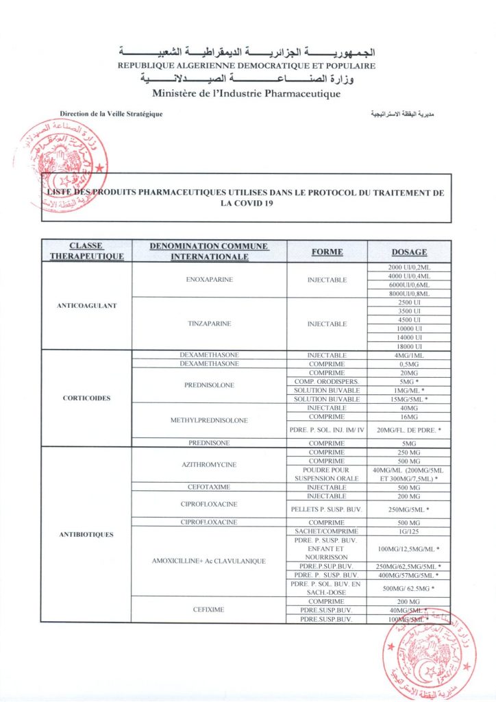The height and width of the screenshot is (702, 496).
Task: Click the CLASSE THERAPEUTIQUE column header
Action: pyautogui.click(x=86, y=252)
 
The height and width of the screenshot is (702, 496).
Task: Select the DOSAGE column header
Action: pyautogui.click(x=409, y=252)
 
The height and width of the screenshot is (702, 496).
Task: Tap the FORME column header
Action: pyautogui.click(x=327, y=252)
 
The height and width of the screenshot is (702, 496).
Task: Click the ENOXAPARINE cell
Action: pyautogui.click(x=209, y=280)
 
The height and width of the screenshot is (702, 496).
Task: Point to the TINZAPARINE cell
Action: pyautogui.click(x=209, y=324)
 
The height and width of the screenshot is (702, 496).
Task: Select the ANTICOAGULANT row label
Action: pyautogui.click(x=86, y=306)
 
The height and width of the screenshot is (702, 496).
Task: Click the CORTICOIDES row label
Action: pyautogui.click(x=86, y=398)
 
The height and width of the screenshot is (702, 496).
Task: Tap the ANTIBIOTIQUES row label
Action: pyautogui.click(x=86, y=534)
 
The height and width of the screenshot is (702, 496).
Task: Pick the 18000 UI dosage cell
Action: pyautogui.click(x=409, y=346)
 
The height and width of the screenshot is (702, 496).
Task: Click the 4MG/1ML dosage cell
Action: pyautogui.click(x=409, y=355)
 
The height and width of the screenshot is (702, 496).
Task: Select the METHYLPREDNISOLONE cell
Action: pyautogui.click(x=209, y=420)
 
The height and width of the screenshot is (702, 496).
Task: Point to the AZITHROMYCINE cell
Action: pyautogui.click(x=209, y=465)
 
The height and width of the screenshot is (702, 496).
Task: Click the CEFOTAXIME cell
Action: pyautogui.click(x=209, y=487)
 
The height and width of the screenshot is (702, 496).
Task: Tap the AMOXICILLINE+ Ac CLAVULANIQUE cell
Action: pyautogui.click(x=209, y=561)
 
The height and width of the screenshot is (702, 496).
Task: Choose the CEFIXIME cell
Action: pyautogui.click(x=209, y=610)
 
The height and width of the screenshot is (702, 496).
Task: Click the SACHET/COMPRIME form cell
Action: pyautogui.click(x=327, y=531)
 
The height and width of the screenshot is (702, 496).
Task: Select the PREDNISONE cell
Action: pyautogui.click(x=209, y=443)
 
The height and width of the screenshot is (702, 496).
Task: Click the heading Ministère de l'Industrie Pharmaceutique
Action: pyautogui.click(x=246, y=93)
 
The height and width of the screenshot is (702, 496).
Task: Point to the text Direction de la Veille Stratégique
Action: pyautogui.click(x=111, y=114)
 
